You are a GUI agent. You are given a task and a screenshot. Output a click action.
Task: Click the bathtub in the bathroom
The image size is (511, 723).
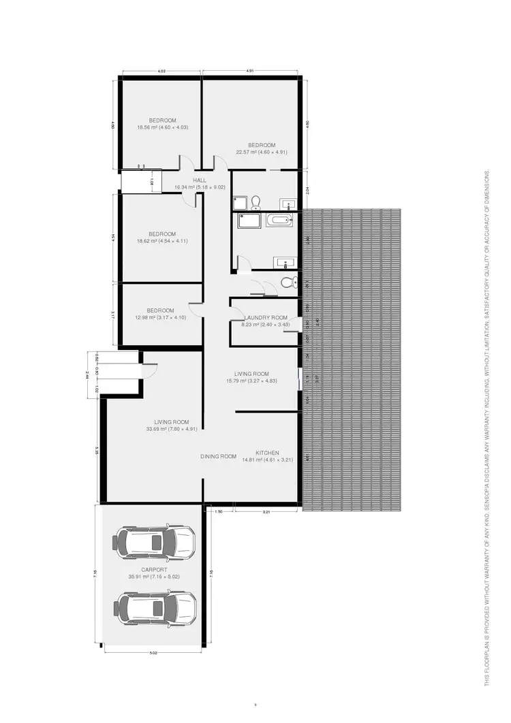pos(279,220)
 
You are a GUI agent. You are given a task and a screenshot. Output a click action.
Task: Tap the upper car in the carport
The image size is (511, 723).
pos(155,542)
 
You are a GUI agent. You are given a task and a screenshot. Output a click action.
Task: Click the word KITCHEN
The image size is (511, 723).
pos(267,453)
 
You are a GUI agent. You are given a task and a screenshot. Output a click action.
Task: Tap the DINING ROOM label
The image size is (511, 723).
pos(218,456)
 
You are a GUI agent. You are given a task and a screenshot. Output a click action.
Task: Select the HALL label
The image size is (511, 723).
pos(199,180)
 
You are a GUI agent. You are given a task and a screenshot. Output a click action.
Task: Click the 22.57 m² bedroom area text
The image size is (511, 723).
pos(262,152)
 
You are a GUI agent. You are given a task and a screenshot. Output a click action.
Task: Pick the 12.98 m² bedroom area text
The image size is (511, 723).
pos(161,318)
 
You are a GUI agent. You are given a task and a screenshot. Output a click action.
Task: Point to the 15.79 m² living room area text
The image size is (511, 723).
pos(251,381)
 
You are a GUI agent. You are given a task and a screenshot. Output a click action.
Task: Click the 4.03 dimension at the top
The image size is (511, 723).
pos(161,71)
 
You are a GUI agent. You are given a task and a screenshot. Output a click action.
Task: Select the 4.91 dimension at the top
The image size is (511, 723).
pos(250,71)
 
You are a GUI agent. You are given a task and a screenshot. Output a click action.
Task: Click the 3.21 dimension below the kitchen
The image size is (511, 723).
pos(266,511)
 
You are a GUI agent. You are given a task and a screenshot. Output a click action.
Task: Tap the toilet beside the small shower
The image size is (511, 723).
pos(256,202)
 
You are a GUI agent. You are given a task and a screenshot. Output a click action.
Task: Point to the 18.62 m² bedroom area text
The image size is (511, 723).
pos(161,241)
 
